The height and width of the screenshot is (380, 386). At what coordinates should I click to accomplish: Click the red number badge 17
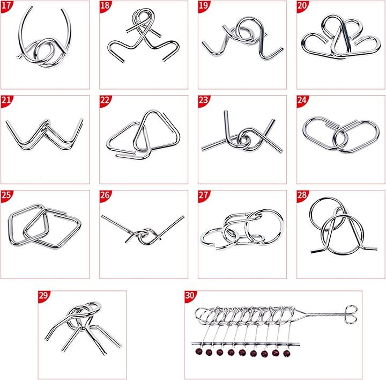(6, 6)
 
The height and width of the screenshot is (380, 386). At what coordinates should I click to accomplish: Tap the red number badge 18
(105, 6)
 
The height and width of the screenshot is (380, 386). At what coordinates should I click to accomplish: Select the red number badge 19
(203, 6)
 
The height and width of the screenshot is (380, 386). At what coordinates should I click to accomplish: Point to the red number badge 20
(302, 6)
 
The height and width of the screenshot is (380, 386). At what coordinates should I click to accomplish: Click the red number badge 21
(6, 100)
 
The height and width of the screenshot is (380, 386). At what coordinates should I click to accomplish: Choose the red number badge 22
(105, 100)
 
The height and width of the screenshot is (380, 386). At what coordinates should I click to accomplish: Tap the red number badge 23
(203, 100)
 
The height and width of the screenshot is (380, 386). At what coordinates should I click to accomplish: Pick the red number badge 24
(302, 100)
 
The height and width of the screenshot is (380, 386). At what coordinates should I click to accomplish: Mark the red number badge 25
(6, 195)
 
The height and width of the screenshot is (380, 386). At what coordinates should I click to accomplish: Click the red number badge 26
(105, 195)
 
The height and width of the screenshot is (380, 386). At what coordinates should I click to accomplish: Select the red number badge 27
(203, 195)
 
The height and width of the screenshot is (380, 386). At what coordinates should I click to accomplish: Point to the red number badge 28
(302, 195)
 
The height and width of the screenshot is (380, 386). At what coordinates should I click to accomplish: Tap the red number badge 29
(43, 296)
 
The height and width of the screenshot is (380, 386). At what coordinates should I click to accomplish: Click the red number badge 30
(190, 296)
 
